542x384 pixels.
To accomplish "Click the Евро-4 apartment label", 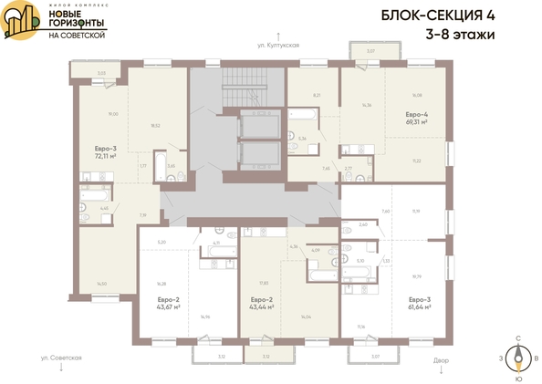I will pyautogui.click(x=417, y=115).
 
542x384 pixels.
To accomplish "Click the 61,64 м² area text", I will pyautogui.click(x=419, y=306).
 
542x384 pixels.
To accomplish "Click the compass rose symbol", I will pyautogui.click(x=518, y=358).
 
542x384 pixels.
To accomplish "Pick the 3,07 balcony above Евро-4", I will pyautogui.click(x=370, y=51).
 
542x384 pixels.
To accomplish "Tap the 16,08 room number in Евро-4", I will pyautogui.click(x=417, y=94).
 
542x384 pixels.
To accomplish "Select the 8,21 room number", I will pyautogui.click(x=316, y=95).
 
